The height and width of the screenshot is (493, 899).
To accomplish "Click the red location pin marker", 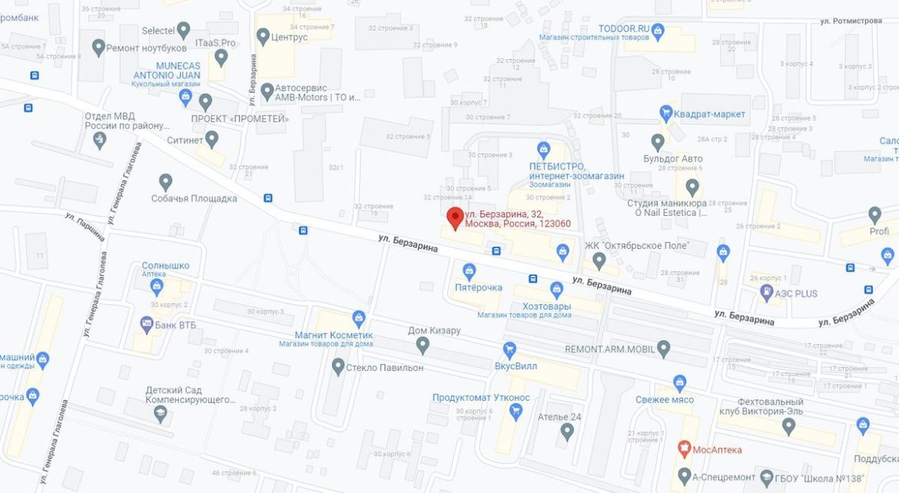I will point(455,218).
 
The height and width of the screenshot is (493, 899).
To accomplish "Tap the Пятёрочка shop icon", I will point(469,270).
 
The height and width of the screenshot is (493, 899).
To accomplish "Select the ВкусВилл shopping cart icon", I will point(509,349).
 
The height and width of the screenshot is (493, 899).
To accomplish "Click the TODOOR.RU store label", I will point(624,28).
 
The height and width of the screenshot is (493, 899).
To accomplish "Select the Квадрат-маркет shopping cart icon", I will point(666,114).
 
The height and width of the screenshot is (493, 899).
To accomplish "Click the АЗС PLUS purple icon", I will point(766,293).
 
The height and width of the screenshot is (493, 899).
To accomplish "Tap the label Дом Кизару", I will point(434,331).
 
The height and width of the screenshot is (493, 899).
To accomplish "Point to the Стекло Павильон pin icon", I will point(337,367).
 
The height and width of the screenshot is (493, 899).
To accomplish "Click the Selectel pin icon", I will point(183,31).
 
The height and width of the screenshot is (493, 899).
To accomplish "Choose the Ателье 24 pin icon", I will point(567,432).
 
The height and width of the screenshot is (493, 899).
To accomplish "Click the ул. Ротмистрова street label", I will point(851,21).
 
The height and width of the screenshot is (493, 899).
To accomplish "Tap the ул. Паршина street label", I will point(85,226).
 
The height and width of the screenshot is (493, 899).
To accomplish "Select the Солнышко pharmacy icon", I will point(158,286).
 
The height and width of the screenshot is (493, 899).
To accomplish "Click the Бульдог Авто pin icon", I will point(658,142).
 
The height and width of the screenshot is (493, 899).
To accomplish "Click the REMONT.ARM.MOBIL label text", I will point(610,349).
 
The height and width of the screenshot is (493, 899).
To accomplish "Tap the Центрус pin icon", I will point(263,36).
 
